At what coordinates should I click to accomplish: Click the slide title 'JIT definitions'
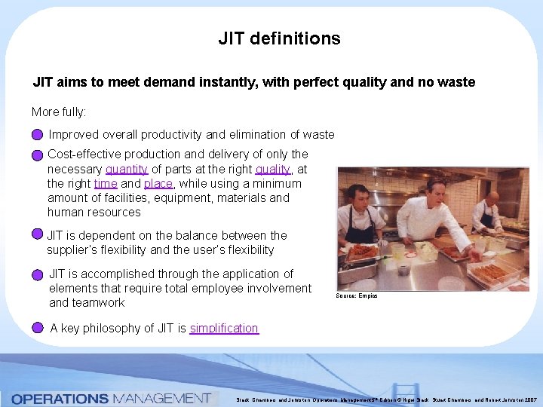(279, 38)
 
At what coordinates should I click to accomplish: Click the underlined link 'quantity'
(126, 169)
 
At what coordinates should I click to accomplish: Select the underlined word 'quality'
(272, 169)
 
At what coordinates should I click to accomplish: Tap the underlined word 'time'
(106, 183)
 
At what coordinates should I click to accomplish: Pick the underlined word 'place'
(158, 183)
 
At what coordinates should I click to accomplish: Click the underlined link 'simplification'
(224, 328)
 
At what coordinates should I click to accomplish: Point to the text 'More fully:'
(59, 112)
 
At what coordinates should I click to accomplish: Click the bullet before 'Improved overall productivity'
(38, 135)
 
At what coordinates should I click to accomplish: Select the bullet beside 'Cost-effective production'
(38, 155)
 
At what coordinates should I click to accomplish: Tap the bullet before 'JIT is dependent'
(38, 235)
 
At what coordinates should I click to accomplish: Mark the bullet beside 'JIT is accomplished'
(38, 276)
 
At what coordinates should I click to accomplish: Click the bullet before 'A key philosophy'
(38, 328)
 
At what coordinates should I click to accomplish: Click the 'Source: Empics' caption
(357, 295)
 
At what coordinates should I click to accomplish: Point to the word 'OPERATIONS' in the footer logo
(60, 397)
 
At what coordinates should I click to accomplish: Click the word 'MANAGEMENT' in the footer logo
(161, 397)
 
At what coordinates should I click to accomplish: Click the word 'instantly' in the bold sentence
(232, 82)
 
